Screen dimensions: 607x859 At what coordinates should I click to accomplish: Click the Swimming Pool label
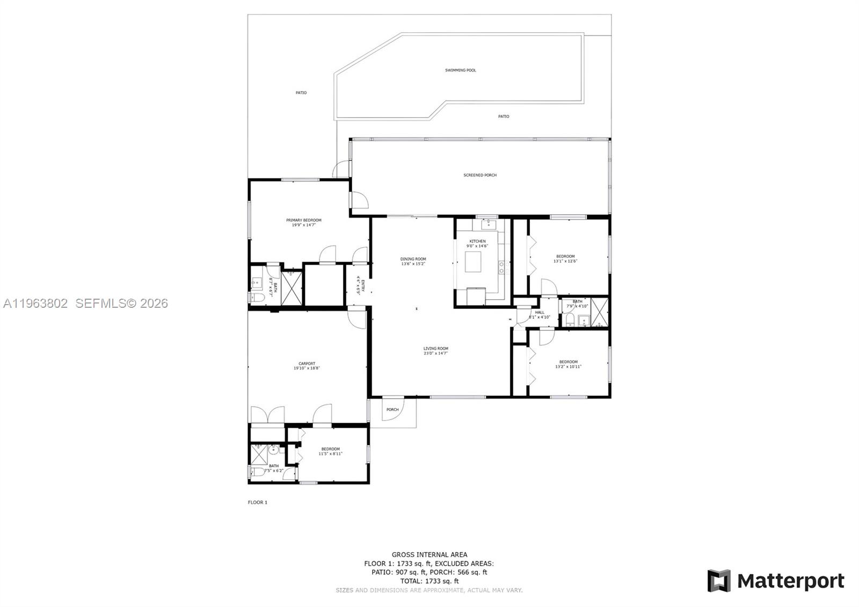[x=460, y=70]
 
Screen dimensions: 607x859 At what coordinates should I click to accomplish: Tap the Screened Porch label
[x=480, y=175]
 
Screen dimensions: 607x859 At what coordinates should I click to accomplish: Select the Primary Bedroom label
[x=303, y=220]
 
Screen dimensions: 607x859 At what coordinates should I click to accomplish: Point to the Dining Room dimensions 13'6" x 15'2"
[x=413, y=264]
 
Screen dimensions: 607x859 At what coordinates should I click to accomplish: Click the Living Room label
[x=435, y=349]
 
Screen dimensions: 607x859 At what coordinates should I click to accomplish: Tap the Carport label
[x=307, y=364]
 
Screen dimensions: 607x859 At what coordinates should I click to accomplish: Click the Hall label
[x=539, y=312]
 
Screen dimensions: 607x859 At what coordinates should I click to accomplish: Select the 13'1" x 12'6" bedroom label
[x=565, y=256]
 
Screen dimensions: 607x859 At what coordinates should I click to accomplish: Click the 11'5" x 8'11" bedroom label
[x=330, y=449]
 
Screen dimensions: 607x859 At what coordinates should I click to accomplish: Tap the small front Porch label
[x=392, y=409]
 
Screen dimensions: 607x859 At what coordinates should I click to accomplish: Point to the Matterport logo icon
[x=718, y=581]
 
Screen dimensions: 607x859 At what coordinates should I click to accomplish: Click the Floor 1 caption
[x=257, y=502]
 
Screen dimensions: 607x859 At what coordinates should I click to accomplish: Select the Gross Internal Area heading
[x=429, y=554]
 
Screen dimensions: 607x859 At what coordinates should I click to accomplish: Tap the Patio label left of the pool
[x=301, y=93]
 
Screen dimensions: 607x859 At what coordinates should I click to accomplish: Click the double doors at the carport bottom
[x=267, y=415]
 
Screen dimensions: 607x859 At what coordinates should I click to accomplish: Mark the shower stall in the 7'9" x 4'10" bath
[x=600, y=312]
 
